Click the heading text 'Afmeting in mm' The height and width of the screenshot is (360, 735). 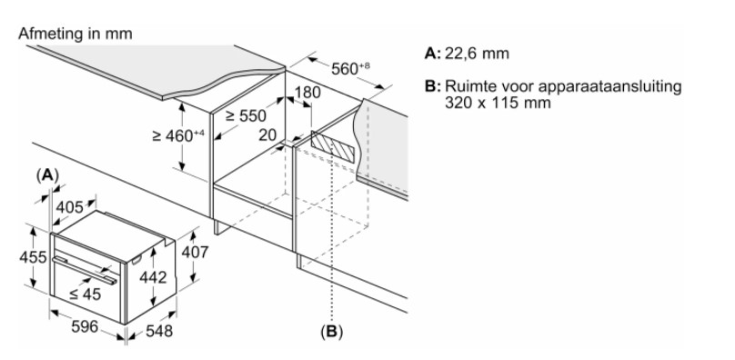[x=75, y=34]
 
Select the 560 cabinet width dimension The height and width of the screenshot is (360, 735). [x=350, y=68]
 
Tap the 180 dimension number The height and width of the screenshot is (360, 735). [x=307, y=93]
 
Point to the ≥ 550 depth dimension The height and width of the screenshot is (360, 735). [x=246, y=115]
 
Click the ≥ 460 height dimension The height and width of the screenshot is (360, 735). [x=178, y=135]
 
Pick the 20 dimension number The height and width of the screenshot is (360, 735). [x=267, y=135]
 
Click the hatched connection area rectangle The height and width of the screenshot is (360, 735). [x=332, y=147]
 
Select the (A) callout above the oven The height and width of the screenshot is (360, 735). [x=47, y=175]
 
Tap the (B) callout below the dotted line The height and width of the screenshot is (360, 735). [x=331, y=332]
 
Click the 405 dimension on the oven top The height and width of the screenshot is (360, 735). [x=69, y=206]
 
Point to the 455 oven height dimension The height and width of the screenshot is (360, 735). [x=33, y=257]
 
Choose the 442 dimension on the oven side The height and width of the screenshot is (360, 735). [x=153, y=277]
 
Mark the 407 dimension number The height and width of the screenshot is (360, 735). [x=195, y=252]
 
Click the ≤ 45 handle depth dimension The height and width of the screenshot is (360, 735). [x=85, y=294]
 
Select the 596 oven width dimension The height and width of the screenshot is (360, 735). [x=85, y=326]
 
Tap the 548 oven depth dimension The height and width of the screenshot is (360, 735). [x=159, y=331]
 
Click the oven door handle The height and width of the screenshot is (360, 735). [x=85, y=271]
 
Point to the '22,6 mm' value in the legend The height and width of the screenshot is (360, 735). [x=477, y=54]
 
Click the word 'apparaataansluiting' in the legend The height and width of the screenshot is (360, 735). [x=609, y=87]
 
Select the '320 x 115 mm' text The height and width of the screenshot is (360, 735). [x=498, y=103]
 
